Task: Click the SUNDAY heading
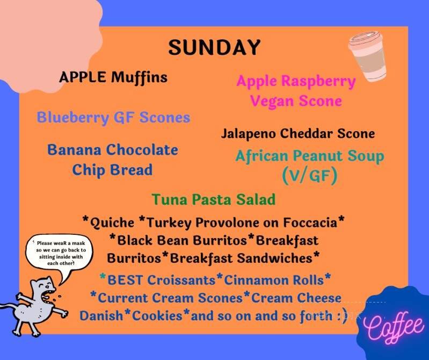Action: pos(214,47)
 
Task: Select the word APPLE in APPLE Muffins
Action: pos(83,77)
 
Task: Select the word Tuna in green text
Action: pos(167,199)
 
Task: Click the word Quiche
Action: pos(112,221)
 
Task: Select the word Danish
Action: pos(101,315)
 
